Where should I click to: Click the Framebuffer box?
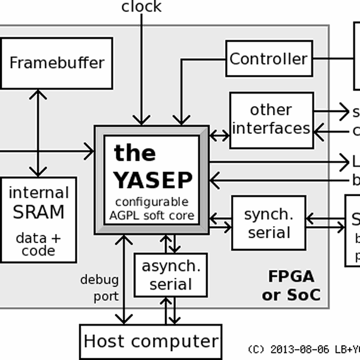[56, 63]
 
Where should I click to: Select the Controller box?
[268, 59]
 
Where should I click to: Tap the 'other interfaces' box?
[271, 119]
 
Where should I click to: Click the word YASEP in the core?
[153, 180]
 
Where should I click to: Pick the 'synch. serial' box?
[268, 223]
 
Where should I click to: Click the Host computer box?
[151, 341]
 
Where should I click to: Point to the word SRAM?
[38, 212]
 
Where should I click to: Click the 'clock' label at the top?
[141, 7]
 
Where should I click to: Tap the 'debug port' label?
[99, 288]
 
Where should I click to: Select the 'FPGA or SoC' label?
[291, 286]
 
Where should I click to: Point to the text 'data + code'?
[38, 244]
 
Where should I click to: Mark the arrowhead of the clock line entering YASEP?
[142, 119]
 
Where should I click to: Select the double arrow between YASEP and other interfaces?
[219, 136]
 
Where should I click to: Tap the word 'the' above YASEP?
[134, 153]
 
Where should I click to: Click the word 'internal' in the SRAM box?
[38, 193]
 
